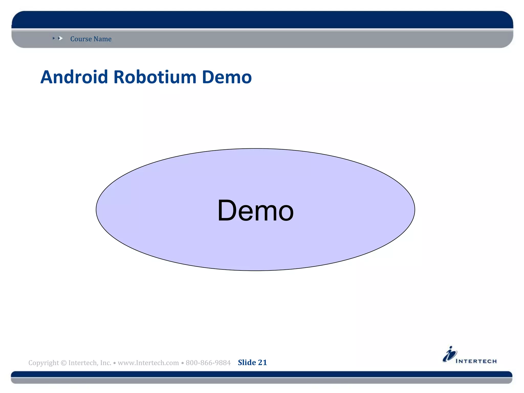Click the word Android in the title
[x=74, y=77]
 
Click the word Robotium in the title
[x=155, y=77]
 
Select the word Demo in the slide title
[x=227, y=77]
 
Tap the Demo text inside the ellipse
[x=255, y=211]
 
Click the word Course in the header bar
[x=81, y=39]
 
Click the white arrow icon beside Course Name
[x=61, y=38]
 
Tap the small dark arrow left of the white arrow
[x=54, y=38]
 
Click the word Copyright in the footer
[x=43, y=363]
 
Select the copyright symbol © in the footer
[x=64, y=363]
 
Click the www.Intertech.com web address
[x=148, y=363]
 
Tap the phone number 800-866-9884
[x=208, y=363]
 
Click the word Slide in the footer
[x=247, y=363]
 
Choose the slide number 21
[x=263, y=363]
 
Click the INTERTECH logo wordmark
[x=476, y=361]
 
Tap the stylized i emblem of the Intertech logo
[x=450, y=354]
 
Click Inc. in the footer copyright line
[x=106, y=363]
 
